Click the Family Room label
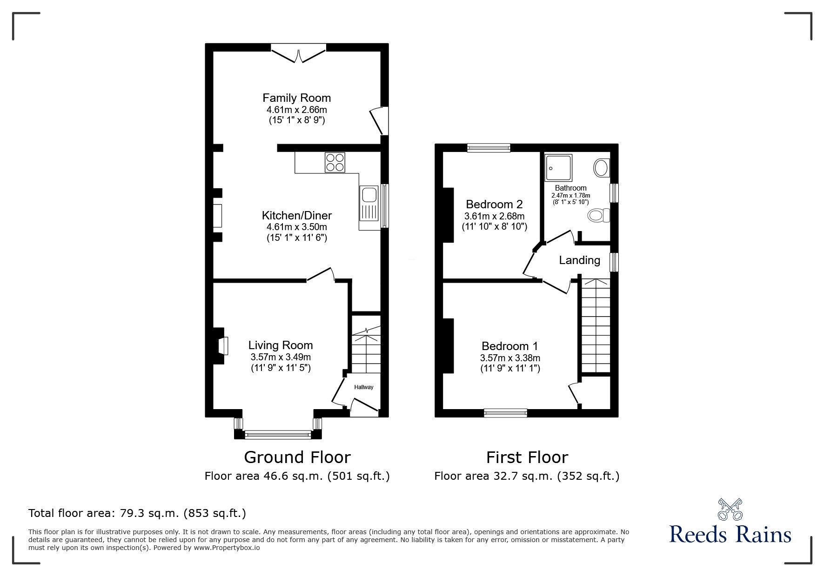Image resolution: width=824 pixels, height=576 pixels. pos(296,98)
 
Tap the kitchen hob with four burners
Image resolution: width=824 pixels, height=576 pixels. pos(335,163)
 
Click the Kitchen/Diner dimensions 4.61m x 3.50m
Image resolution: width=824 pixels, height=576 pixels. pos(296,227)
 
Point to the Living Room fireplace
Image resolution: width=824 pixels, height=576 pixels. pos(221,346)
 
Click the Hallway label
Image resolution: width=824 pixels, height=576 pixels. pos(363,387)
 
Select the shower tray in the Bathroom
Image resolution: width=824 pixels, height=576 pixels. pos(558,167)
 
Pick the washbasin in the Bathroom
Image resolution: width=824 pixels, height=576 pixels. pos(601,168)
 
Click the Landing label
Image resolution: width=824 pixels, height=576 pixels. pos(579,260)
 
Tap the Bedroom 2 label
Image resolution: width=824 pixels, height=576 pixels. pos(494,204)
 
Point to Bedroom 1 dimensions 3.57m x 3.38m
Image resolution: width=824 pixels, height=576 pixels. pos(510,358)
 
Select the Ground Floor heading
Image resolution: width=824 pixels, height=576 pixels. pos(297,457)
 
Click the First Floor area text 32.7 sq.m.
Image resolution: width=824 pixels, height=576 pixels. pos(526,476)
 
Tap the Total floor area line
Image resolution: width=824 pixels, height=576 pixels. pos(137,513)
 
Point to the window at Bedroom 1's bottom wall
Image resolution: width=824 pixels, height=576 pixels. pos(505,412)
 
